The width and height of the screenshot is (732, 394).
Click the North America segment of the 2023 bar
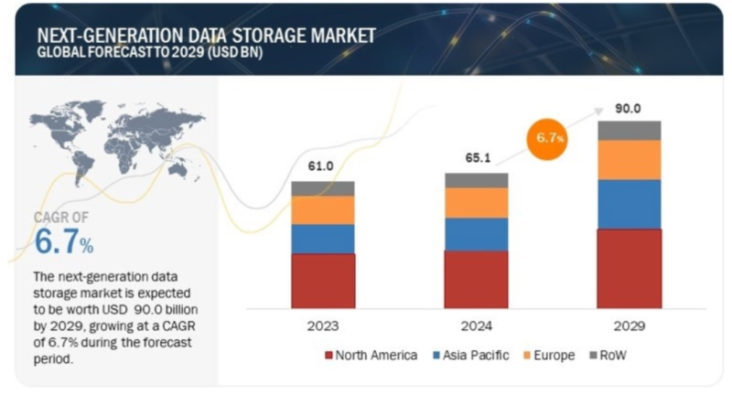coord(323,280)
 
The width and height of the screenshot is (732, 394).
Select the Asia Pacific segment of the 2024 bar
coord(476,233)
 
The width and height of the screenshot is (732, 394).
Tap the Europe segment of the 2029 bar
coord(629,159)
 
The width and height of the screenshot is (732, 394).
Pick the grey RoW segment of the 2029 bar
coord(629,130)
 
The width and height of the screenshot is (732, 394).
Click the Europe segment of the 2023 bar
coord(323,209)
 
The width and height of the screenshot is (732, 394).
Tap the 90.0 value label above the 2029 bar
coord(629,108)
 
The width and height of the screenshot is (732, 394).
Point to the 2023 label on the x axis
coord(323,325)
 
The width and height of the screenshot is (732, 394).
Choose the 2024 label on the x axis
coord(476,325)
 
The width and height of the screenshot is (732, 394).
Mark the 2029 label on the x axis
coord(629,325)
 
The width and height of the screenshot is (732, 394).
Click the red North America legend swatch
coord(328,355)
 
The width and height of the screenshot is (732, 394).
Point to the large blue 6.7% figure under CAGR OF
coord(63,244)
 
